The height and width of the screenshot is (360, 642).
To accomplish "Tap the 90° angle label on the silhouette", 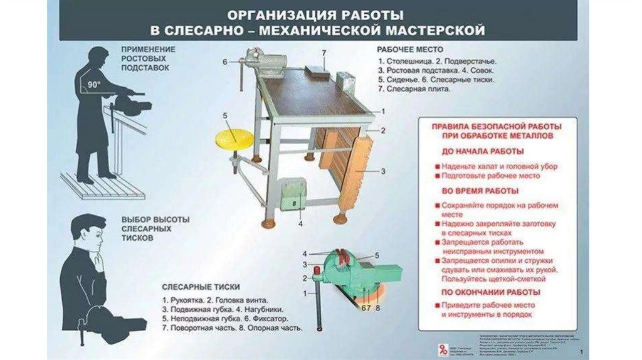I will [x=94, y=84].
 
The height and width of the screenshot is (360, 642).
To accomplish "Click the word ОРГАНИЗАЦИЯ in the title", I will [x=279, y=14].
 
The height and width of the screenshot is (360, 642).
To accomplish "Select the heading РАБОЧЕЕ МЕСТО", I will [x=410, y=49].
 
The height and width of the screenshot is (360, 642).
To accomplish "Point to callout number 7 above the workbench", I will [x=324, y=52].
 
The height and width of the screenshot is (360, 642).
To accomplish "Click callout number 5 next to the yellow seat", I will [x=224, y=115].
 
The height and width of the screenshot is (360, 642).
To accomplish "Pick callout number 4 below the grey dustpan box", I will [x=300, y=223].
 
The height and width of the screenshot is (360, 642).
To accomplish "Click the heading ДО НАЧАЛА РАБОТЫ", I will [x=483, y=151].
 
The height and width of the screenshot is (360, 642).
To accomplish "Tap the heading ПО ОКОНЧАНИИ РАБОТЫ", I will [x=491, y=292].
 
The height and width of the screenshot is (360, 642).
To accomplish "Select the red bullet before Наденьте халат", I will [x=436, y=166].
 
